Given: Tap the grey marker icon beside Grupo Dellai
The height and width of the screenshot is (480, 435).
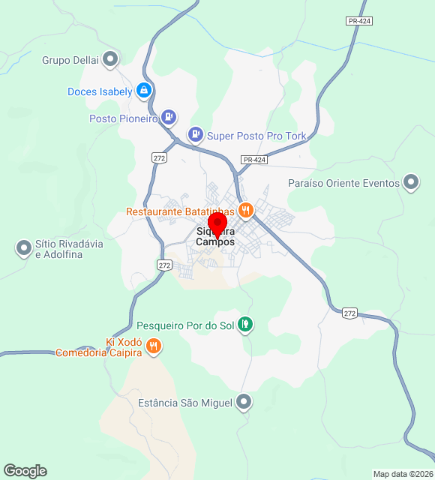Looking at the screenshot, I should coord(111,58).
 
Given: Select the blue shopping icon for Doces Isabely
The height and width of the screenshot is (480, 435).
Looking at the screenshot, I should coord(145,91).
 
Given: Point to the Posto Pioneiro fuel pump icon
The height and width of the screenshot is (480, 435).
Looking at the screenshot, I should coord(169,117).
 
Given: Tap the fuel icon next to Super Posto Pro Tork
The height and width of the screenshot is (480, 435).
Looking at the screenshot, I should coord(196,134).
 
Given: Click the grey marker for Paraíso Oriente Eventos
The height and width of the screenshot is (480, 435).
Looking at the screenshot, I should coord(411,182).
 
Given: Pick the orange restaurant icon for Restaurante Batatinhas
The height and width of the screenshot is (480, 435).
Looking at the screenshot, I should coord(244,209).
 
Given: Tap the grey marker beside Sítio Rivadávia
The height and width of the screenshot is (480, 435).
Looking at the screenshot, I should coord(22,247).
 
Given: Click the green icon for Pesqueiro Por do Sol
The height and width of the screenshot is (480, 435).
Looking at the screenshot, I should coord(244,325).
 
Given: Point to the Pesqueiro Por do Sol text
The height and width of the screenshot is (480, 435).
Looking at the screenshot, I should coord(184,326).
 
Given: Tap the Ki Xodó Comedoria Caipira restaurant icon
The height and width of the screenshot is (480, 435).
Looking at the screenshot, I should coord(153,346).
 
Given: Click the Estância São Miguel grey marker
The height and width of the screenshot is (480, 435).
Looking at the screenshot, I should coord(243,403).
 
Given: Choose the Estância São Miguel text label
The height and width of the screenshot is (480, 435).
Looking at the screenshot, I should coord(185,403).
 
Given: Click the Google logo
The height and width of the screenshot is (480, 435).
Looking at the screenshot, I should coord(25,470).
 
